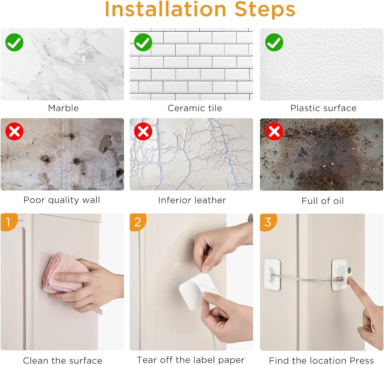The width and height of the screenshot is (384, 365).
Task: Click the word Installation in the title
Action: pyautogui.click(x=165, y=9)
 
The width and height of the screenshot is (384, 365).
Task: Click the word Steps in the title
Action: pyautogui.click(x=265, y=11)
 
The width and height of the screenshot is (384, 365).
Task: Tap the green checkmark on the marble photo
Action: pyautogui.click(x=14, y=42)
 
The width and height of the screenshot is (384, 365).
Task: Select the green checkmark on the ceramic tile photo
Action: pyautogui.click(x=143, y=42)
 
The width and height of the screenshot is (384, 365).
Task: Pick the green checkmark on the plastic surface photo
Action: pyautogui.click(x=274, y=42)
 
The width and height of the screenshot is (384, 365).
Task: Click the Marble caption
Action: pyautogui.click(x=63, y=108)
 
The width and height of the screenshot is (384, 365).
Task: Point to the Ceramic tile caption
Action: pyautogui.click(x=195, y=108)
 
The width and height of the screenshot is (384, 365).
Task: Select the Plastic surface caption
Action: pyautogui.click(x=323, y=108)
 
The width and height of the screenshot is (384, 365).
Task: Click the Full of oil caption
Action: pyautogui.click(x=323, y=201)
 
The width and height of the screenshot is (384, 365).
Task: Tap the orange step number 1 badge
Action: pyautogui.click(x=8, y=222)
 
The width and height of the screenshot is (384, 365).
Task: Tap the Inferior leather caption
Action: pyautogui.click(x=192, y=200)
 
